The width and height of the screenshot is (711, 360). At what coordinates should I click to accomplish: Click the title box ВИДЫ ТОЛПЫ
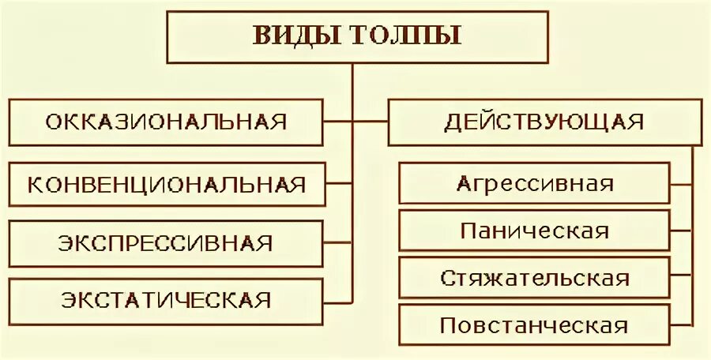357,36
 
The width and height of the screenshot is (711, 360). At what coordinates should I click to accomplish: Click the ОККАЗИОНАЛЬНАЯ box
166,122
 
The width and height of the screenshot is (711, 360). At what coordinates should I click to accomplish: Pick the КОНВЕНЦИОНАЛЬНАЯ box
166,185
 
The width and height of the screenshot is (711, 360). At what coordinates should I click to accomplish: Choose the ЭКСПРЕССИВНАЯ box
166,242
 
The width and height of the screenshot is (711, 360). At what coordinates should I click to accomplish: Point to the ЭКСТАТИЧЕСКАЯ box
166,300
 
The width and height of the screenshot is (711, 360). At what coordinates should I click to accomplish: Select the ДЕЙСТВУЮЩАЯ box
544,122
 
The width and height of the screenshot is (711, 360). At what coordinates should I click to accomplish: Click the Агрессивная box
535,183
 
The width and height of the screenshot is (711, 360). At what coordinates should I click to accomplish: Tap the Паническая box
535,231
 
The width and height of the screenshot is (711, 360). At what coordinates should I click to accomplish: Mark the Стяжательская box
535,278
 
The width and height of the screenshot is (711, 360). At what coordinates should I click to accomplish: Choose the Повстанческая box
535,325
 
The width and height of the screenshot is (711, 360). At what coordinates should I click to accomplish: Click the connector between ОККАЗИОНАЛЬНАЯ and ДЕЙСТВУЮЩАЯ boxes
355,122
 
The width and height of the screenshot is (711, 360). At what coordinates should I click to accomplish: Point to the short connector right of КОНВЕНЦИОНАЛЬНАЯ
338,184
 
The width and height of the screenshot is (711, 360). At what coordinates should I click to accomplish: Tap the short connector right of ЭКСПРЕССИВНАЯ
338,242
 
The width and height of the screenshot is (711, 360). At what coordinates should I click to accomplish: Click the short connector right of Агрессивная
683,183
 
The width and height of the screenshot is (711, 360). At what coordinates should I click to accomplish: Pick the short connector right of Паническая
683,231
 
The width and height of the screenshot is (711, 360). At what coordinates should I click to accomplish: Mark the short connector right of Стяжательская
683,278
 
